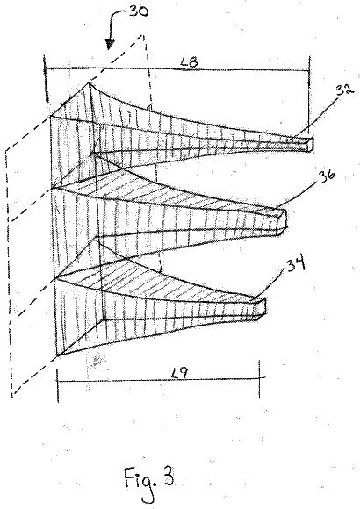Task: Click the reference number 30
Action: (x=139, y=11)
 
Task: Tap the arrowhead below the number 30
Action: (x=110, y=45)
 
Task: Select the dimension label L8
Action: (x=189, y=61)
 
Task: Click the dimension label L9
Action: (x=179, y=374)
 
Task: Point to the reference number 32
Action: (x=344, y=89)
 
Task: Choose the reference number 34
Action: (x=296, y=263)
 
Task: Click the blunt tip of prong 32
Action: (x=310, y=145)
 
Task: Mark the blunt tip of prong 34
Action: (x=262, y=308)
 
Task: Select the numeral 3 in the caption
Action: (x=169, y=476)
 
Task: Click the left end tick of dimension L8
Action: (x=46, y=78)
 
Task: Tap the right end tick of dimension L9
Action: (x=259, y=379)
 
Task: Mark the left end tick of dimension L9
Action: (x=57, y=385)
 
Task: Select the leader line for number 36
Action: (x=297, y=195)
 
